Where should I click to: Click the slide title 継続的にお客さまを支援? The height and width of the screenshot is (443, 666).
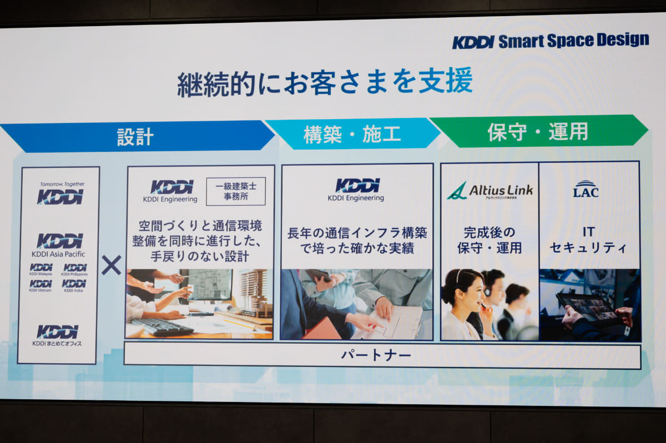pyautogui.click(x=325, y=82)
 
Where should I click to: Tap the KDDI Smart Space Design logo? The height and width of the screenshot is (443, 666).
pyautogui.click(x=550, y=41)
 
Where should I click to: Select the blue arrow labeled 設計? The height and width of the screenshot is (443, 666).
pyautogui.click(x=135, y=136)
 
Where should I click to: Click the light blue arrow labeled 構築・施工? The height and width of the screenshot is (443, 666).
pyautogui.click(x=352, y=134)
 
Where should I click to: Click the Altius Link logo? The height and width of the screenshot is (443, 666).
pyautogui.click(x=490, y=191)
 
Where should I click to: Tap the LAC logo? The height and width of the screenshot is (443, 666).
pyautogui.click(x=586, y=189)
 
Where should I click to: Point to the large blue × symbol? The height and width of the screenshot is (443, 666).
pyautogui.click(x=111, y=265)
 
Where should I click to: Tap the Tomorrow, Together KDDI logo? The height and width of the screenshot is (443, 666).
pyautogui.click(x=60, y=193)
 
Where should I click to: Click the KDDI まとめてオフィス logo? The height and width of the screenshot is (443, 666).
pyautogui.click(x=58, y=335)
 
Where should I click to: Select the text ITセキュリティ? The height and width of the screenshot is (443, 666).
pyautogui.click(x=588, y=240)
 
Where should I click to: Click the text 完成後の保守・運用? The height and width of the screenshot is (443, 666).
pyautogui.click(x=490, y=240)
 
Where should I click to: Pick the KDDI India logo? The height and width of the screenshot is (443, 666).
pyautogui.click(x=74, y=286)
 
